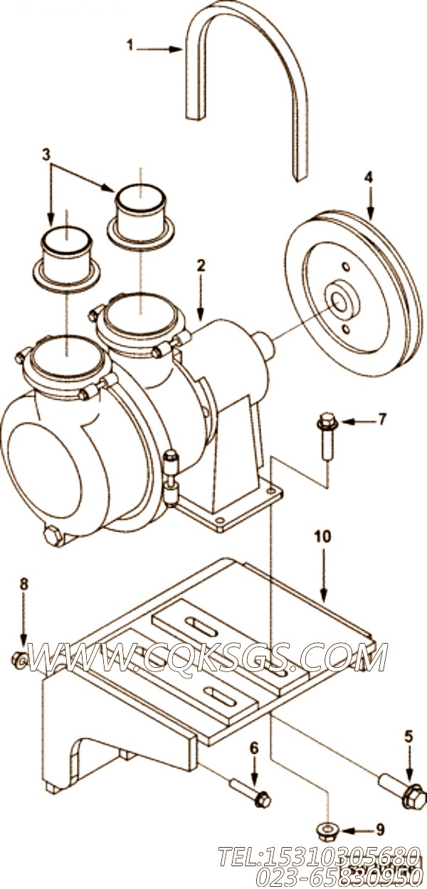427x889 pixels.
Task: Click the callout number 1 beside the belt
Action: click(130, 46)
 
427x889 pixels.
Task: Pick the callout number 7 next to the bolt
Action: click(381, 419)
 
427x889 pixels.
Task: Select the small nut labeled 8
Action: click(20, 661)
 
